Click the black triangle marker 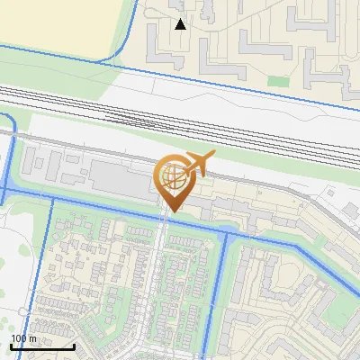coord(181,24)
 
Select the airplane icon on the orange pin coord(199,164)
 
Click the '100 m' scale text coord(24,338)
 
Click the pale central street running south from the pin coord(162,279)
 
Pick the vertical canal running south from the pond coord(220,297)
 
